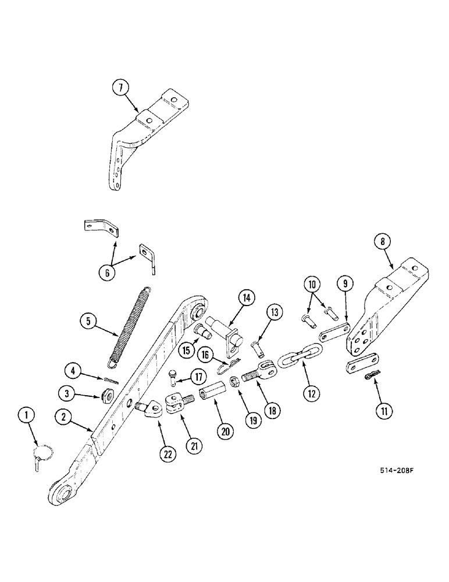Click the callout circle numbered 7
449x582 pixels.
click(x=121, y=89)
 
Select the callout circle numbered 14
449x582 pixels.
click(x=246, y=297)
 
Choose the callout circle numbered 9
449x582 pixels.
click(x=344, y=284)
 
